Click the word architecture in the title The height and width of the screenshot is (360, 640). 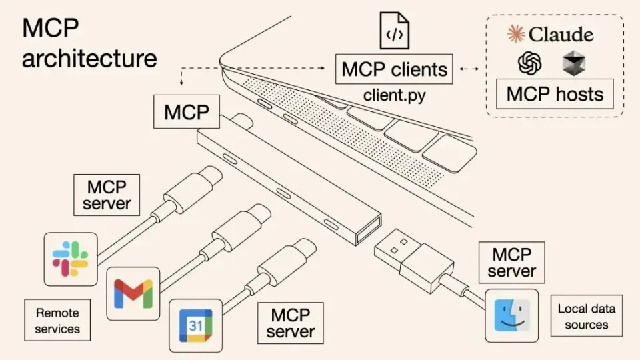click(x=89, y=58)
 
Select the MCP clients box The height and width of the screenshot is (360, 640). click(x=394, y=69)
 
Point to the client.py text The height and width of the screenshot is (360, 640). click(x=394, y=95)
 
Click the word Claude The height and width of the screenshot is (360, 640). click(x=561, y=34)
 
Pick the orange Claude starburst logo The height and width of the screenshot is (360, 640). click(x=516, y=33)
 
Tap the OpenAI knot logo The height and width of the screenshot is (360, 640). click(x=530, y=64)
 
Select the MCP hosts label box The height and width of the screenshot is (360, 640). click(x=555, y=94)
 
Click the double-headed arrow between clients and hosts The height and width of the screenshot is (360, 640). click(x=470, y=69)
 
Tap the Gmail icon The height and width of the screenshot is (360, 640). click(x=133, y=293)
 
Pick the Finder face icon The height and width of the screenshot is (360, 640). click(x=511, y=315)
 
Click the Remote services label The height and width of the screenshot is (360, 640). click(x=57, y=321)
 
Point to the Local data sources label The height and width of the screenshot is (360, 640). click(x=586, y=317)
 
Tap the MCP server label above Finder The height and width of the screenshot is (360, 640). click(x=511, y=262)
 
